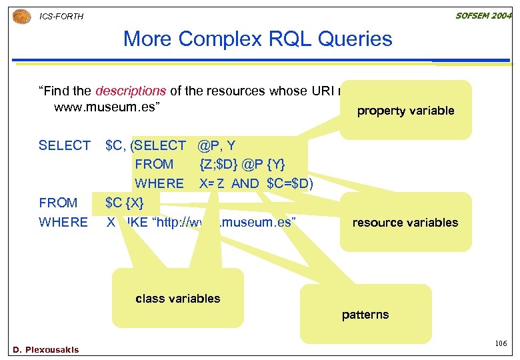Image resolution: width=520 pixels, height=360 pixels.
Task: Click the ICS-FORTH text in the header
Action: coord(62,16)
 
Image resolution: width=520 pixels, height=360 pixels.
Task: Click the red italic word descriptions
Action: coord(131,91)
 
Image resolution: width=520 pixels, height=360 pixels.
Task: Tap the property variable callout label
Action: coord(405,111)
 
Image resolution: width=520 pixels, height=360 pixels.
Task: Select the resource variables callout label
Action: coord(405,222)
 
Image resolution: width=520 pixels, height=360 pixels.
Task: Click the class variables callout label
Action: coord(177,298)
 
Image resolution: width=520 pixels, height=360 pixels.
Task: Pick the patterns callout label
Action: coord(365,314)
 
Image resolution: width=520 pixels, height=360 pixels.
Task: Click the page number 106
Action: coord(501,343)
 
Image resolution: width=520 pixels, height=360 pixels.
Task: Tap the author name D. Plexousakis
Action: coord(46,349)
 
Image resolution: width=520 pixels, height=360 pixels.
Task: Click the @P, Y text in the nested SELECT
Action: coord(217,145)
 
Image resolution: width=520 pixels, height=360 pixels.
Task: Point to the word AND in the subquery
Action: coord(245,183)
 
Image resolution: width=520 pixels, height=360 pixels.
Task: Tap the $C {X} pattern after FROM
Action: coord(124,203)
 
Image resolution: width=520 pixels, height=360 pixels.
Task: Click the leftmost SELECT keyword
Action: coord(65,145)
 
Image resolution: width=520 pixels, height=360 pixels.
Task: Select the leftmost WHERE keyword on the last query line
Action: coord(63,222)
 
